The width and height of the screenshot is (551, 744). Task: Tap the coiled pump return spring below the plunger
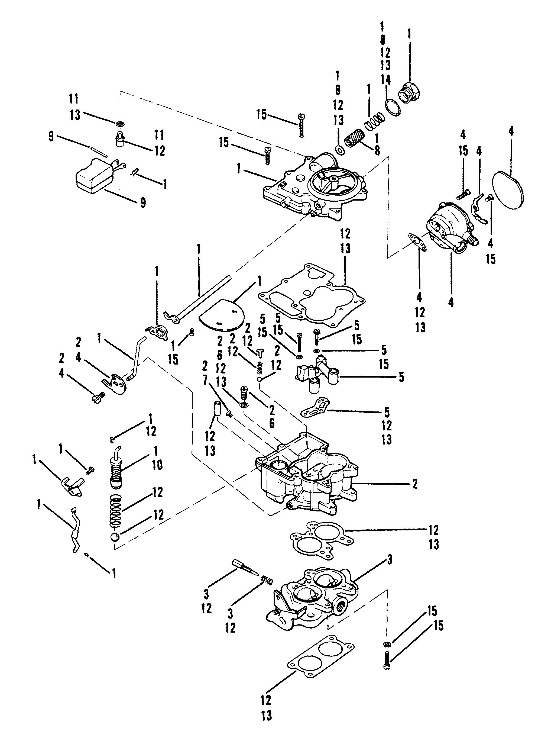pyautogui.click(x=116, y=516)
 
